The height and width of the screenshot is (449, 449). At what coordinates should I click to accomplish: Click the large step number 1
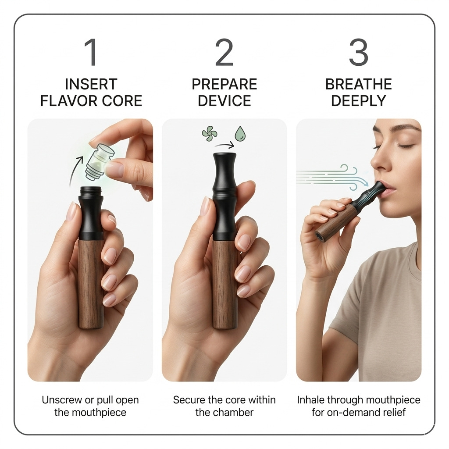click(91, 53)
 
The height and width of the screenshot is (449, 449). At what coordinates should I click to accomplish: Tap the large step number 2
click(224, 53)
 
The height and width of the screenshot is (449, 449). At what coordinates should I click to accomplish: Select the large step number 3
click(359, 53)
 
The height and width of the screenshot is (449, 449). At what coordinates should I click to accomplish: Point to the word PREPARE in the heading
click(224, 84)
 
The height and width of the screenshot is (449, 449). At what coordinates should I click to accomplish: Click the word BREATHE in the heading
click(359, 84)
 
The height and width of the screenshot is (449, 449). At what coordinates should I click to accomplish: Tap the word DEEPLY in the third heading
click(359, 101)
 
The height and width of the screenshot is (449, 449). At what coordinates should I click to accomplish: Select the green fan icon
click(210, 134)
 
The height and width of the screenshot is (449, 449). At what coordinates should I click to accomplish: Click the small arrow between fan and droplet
click(224, 146)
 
